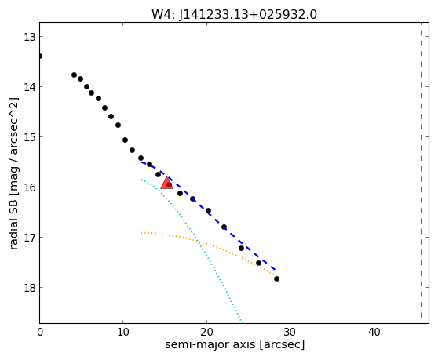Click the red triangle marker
point(166,183)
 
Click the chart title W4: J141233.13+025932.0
point(234,15)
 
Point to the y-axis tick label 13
point(29,37)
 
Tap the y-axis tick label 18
point(29,288)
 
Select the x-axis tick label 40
point(374,332)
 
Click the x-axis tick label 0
point(40,332)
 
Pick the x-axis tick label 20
point(206,332)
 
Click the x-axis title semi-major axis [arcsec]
point(235,344)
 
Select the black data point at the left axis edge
point(40,56)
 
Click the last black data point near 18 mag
point(276,278)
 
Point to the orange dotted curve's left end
point(141,232)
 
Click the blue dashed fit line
point(208,213)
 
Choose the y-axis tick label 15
point(29,137)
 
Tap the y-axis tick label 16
point(29,187)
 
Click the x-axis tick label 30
point(290,332)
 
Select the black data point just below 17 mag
point(241,248)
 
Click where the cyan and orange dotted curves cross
point(197,241)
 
